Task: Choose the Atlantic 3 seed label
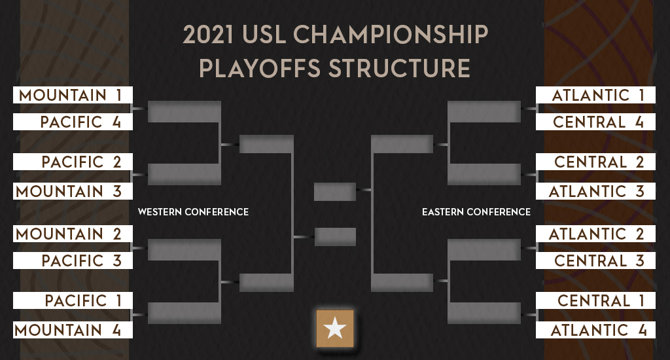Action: (595, 191)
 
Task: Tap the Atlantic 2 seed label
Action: (595, 234)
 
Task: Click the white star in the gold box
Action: (334, 329)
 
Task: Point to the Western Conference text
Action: (193, 212)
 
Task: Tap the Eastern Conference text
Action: (476, 212)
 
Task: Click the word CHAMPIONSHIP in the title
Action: (391, 34)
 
